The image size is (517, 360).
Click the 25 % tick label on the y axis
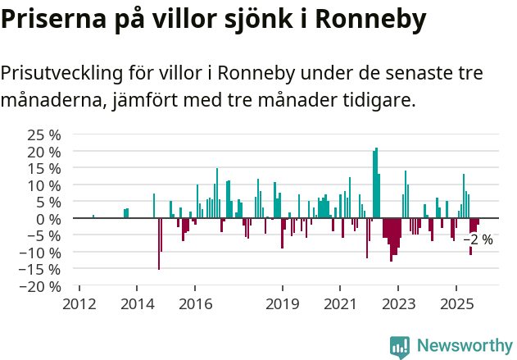(x=44, y=134)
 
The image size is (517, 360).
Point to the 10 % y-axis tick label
(x=44, y=185)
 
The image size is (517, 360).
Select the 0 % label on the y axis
(x=48, y=219)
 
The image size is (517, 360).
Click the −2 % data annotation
(x=478, y=240)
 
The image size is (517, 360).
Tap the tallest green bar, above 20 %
(x=376, y=182)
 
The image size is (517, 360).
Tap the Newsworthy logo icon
(x=400, y=347)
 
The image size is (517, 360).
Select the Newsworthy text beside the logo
(x=465, y=346)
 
